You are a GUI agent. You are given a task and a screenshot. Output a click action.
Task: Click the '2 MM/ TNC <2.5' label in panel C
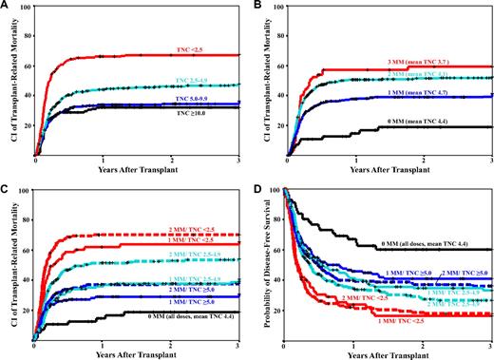[x=201, y=227]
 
